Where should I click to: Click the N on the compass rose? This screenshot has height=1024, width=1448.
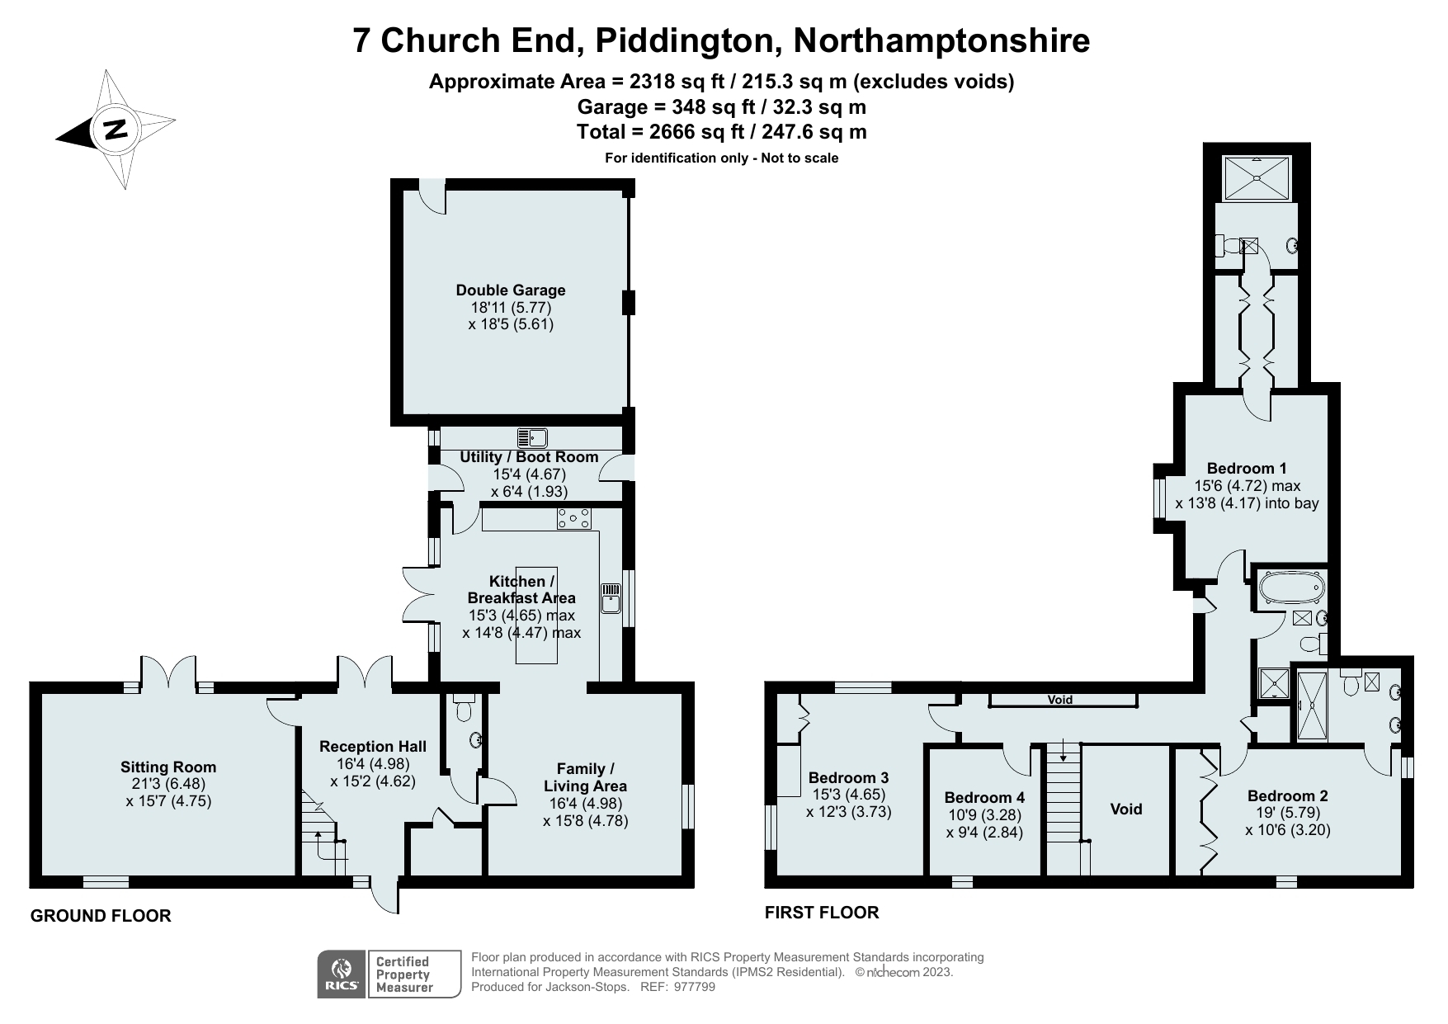(x=116, y=130)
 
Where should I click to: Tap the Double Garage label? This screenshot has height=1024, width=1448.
(x=511, y=290)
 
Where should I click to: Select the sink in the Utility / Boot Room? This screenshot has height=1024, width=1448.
(x=532, y=437)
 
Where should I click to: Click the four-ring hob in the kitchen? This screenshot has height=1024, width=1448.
(x=574, y=518)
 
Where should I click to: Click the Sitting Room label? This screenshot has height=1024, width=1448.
(x=168, y=767)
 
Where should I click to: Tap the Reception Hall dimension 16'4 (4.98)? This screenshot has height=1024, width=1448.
(x=373, y=764)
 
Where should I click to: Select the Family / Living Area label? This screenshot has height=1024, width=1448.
(x=585, y=777)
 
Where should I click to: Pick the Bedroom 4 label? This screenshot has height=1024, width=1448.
(x=984, y=797)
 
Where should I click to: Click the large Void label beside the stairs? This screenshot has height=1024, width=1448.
(x=1125, y=809)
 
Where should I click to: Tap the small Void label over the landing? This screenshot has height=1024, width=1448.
(x=1060, y=700)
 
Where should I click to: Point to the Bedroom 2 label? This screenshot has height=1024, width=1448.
(x=1287, y=796)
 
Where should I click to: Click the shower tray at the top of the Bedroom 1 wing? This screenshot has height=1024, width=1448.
(x=1257, y=178)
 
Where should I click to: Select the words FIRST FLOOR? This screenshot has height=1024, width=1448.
(x=822, y=913)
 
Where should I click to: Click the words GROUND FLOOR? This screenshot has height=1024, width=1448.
(x=101, y=916)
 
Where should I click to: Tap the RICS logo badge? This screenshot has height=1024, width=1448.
(x=340, y=974)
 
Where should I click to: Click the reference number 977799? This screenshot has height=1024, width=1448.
(x=694, y=987)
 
